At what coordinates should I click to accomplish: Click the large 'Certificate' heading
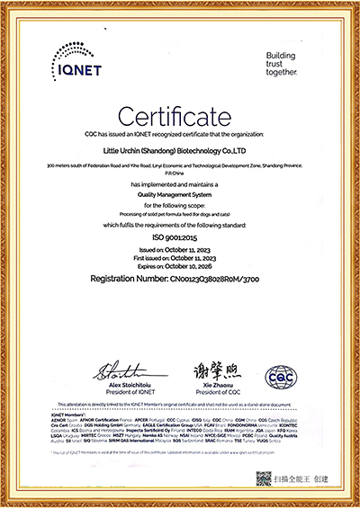tap(179, 114)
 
